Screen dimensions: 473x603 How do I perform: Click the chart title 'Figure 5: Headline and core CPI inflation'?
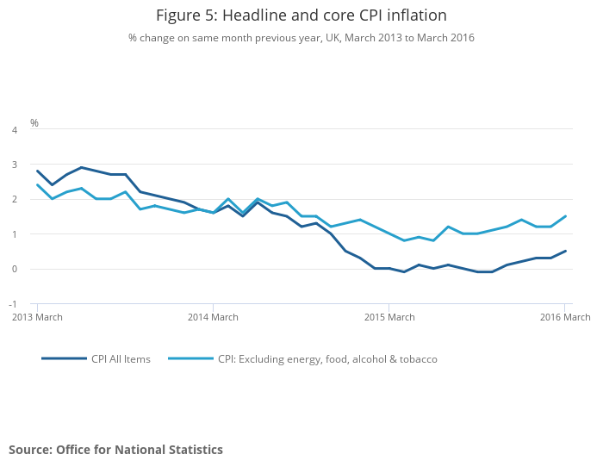pyautogui.click(x=301, y=16)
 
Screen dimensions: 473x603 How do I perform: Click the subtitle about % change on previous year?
pyautogui.click(x=301, y=38)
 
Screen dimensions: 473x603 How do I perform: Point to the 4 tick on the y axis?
pyautogui.click(x=14, y=130)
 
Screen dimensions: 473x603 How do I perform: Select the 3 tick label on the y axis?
pyautogui.click(x=14, y=165)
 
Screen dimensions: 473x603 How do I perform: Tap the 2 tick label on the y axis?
pyautogui.click(x=14, y=200)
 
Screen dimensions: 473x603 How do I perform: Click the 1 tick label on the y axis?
pyautogui.click(x=14, y=234)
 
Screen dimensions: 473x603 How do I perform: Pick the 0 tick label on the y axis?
pyautogui.click(x=14, y=269)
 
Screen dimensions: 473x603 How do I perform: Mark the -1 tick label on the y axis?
pyautogui.click(x=12, y=304)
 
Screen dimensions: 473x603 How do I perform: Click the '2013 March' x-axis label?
pyautogui.click(x=36, y=318)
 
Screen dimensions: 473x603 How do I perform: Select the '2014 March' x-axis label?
pyautogui.click(x=213, y=318)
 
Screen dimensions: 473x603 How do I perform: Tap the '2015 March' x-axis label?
pyautogui.click(x=389, y=318)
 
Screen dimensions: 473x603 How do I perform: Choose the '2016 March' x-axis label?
pyautogui.click(x=564, y=318)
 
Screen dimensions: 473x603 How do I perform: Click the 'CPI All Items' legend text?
pyautogui.click(x=121, y=359)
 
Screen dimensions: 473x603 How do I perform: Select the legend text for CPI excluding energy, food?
pyautogui.click(x=327, y=359)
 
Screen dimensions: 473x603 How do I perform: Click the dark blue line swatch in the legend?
pyautogui.click(x=64, y=358)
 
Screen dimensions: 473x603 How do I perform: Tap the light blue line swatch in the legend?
pyautogui.click(x=190, y=358)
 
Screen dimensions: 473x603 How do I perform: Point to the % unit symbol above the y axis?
pyautogui.click(x=34, y=123)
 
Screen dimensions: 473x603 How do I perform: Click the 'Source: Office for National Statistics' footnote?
pyautogui.click(x=115, y=450)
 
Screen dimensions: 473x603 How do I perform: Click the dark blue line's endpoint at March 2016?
pyautogui.click(x=564, y=252)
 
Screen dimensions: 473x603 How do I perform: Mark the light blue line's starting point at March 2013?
pyautogui.click(x=37, y=184)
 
